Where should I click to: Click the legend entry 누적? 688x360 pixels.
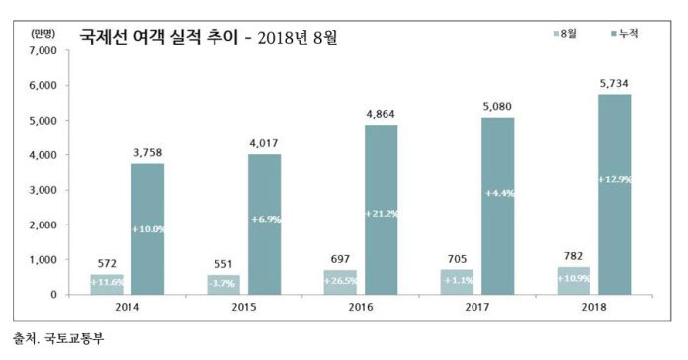[623, 34]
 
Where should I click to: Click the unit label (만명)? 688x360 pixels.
[43, 33]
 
